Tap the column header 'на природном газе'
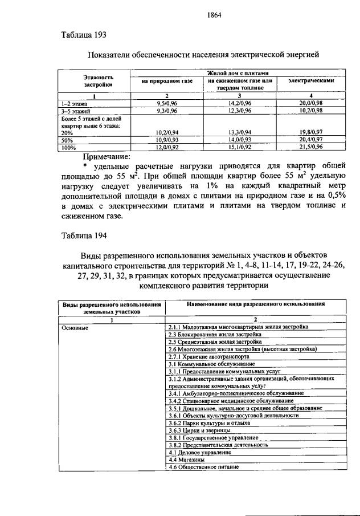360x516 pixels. [x=168, y=81]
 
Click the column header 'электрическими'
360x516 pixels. [x=311, y=81]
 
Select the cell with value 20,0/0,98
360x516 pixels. [x=311, y=103]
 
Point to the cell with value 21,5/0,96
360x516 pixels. [x=311, y=147]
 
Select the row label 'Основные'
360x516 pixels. [x=76, y=327]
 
